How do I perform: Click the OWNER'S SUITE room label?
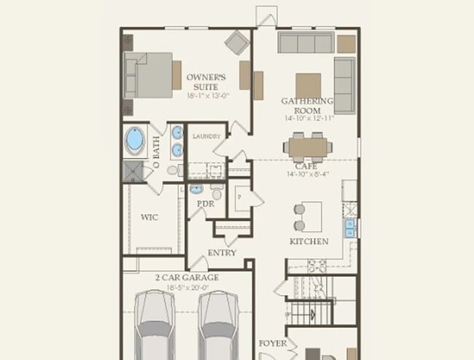206,82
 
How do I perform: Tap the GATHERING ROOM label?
308,106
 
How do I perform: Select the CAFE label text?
308,166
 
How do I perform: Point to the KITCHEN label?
308,241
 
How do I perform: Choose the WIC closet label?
149,218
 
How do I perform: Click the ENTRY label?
222,253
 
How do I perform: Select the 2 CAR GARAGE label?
186,278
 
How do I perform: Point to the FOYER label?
273,343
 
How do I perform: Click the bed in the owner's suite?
152,74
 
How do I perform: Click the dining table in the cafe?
308,146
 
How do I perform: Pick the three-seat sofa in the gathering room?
306,43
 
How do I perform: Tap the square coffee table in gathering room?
308,84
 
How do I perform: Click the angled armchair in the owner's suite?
237,42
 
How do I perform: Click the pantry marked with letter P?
238,197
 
